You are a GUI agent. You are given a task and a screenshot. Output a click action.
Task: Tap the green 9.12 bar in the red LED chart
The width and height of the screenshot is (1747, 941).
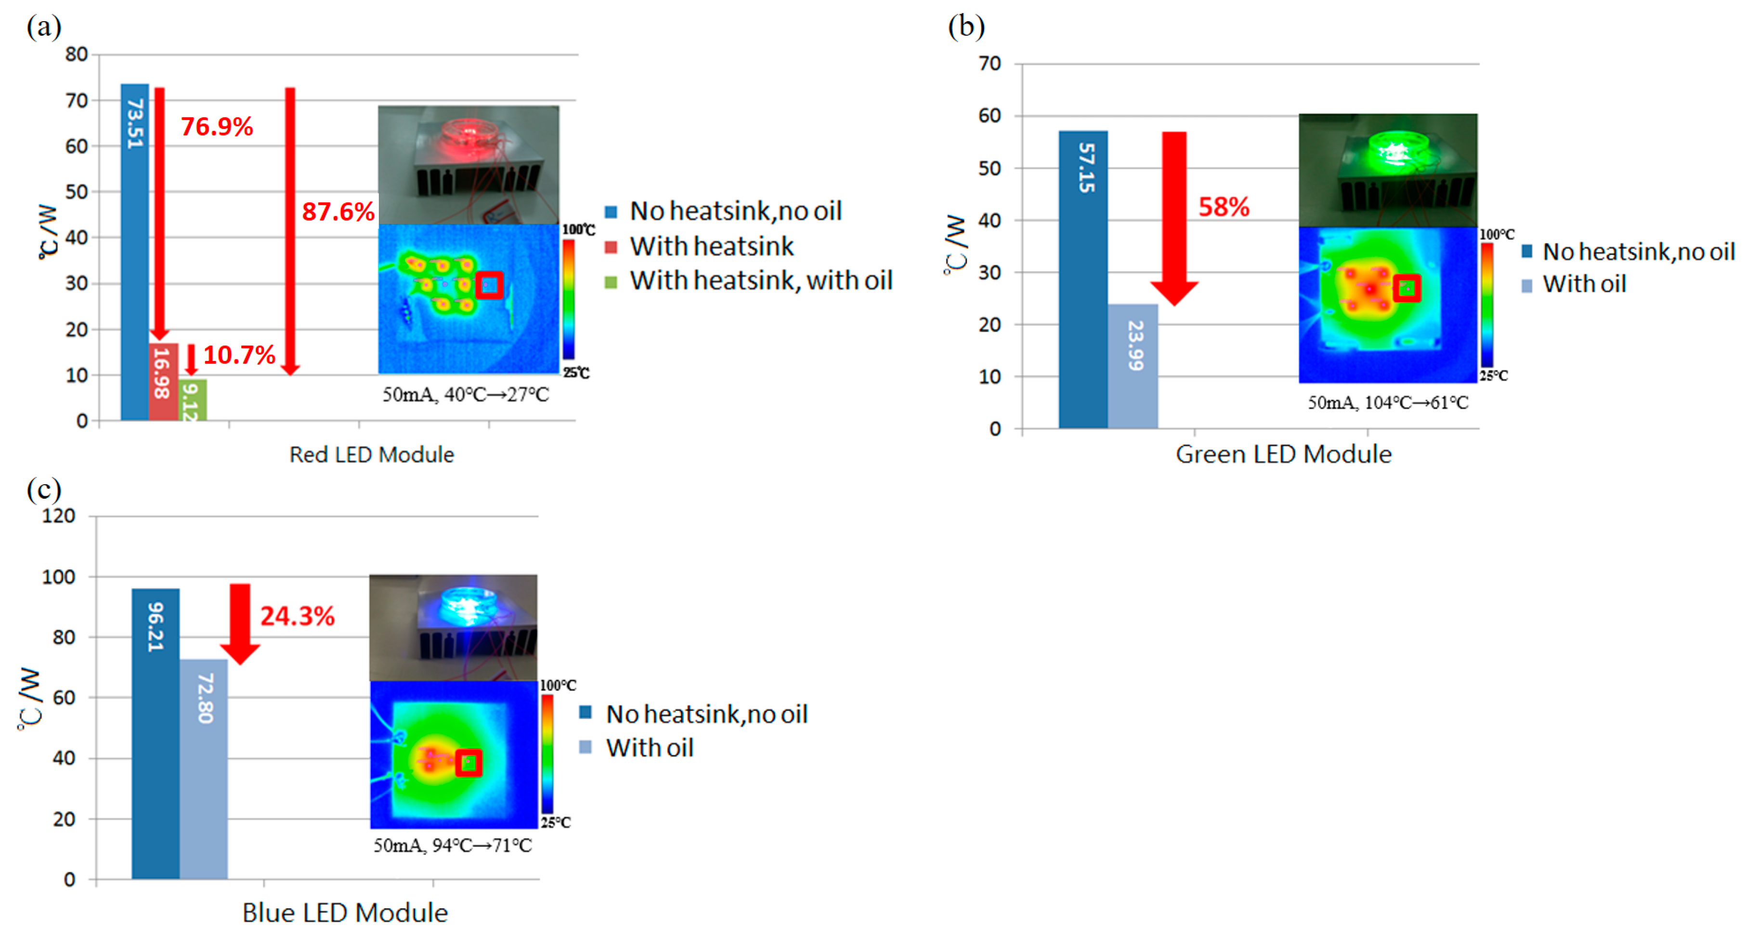pyautogui.click(x=193, y=400)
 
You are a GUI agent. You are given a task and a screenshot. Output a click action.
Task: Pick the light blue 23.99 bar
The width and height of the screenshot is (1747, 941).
pyautogui.click(x=1133, y=366)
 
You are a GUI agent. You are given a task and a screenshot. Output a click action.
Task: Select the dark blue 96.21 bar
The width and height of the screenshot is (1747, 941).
pyautogui.click(x=156, y=733)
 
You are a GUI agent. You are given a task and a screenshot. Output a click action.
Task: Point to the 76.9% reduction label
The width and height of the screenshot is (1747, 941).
pyautogui.click(x=217, y=127)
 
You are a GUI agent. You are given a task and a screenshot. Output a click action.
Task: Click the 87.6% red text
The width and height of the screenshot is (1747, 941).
pyautogui.click(x=338, y=212)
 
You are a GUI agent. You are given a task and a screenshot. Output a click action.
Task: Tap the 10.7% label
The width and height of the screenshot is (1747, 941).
pyautogui.click(x=239, y=355)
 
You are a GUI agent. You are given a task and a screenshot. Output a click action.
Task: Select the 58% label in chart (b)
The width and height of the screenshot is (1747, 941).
pyautogui.click(x=1224, y=207)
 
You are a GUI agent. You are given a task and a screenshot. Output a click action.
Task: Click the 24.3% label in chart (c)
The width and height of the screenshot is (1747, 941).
pyautogui.click(x=297, y=616)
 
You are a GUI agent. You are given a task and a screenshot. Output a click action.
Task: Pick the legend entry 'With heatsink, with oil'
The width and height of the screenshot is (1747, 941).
pyautogui.click(x=760, y=281)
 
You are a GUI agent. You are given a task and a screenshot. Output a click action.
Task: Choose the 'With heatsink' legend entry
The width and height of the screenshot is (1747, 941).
pyautogui.click(x=711, y=246)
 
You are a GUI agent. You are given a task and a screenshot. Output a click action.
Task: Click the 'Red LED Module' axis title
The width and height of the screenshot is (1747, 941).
pyautogui.click(x=372, y=454)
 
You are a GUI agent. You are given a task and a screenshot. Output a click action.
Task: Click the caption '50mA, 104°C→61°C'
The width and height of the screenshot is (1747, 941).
pyautogui.click(x=1388, y=403)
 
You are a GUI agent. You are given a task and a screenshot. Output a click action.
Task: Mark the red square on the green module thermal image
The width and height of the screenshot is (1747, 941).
pyautogui.click(x=1407, y=288)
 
